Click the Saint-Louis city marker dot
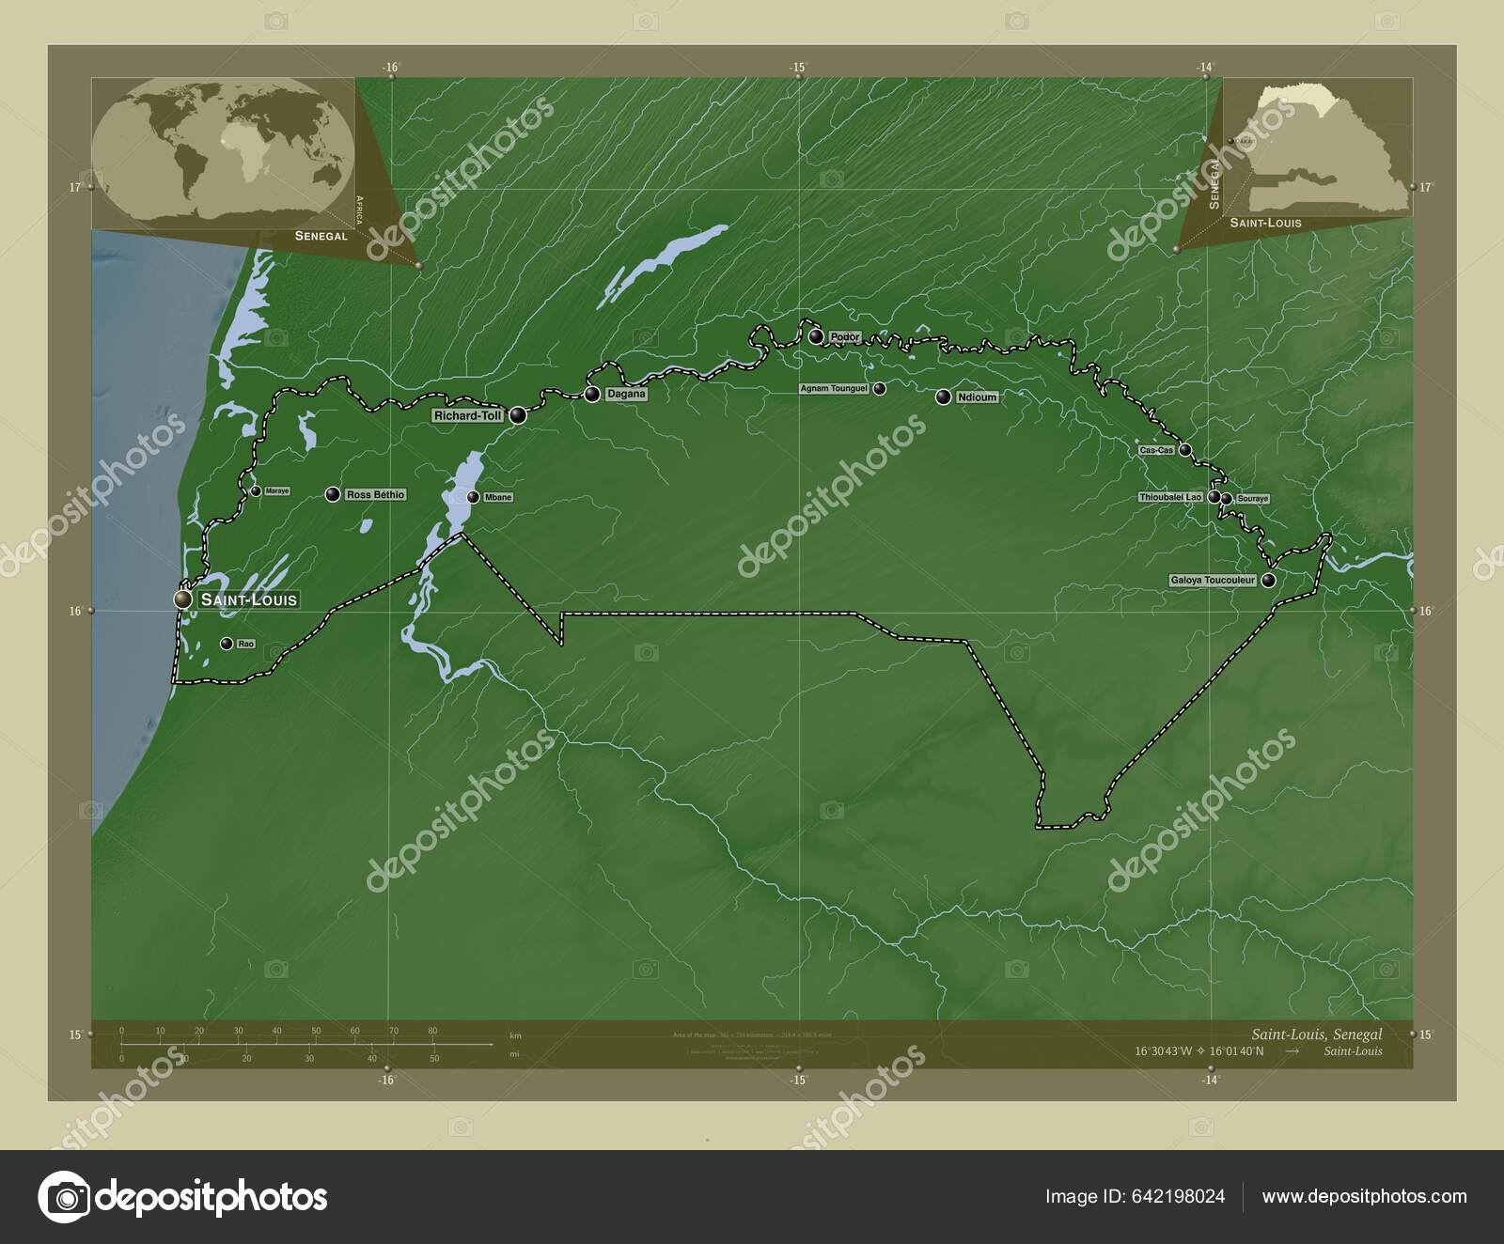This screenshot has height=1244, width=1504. coord(182,599)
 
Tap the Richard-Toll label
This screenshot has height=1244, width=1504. coord(468,415)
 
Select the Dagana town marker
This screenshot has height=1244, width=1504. coord(592,394)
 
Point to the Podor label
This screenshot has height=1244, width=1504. coord(845,336)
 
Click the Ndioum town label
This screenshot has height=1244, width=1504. coord(977,397)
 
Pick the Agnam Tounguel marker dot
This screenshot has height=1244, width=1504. coord(879,388)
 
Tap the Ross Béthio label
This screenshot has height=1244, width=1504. coord(375,494)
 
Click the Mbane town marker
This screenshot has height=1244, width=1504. coord(473,497)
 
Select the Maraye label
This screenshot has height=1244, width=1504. coord(276,491)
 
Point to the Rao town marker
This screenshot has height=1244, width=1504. coord(226,644)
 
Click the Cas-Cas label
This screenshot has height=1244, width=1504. coord(1156,450)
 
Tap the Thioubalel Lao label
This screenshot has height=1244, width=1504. coord(1170,496)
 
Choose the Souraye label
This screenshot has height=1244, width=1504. coord(1252,498)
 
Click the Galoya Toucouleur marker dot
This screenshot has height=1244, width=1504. coord(1269,581)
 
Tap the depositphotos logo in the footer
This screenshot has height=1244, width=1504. coord(183,1197)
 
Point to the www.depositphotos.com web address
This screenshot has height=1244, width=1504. coord(1364,1196)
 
